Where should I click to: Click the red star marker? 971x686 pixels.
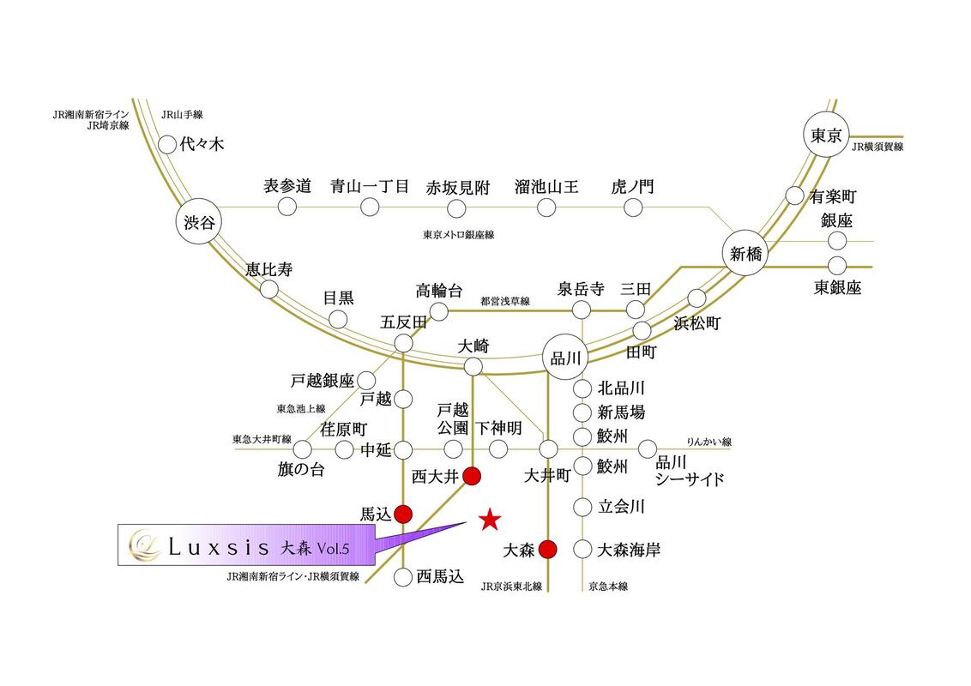click(x=490, y=520)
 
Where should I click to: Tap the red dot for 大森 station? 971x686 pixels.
click(x=548, y=549)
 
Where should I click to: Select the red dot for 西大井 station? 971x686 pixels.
click(x=472, y=476)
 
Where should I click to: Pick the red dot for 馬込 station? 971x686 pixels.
click(x=403, y=514)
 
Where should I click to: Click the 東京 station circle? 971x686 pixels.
click(x=826, y=135)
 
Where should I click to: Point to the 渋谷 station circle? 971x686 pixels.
click(x=199, y=222)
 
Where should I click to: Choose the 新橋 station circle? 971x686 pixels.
click(x=745, y=253)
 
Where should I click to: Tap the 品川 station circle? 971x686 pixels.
click(x=564, y=358)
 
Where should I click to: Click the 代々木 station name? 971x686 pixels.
click(x=202, y=144)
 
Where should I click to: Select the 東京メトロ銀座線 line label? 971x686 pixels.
click(x=459, y=235)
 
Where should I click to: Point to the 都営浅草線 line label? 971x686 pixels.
click(x=505, y=301)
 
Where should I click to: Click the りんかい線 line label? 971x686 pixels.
click(x=709, y=442)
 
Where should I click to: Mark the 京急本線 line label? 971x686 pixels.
click(x=608, y=586)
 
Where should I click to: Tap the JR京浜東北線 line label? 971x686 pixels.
click(x=511, y=586)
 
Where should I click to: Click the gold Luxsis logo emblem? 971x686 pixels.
click(x=145, y=545)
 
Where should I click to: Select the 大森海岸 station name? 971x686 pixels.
click(x=629, y=549)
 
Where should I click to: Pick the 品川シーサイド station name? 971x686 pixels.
click(x=690, y=471)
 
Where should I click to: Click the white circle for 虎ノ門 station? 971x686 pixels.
click(x=633, y=208)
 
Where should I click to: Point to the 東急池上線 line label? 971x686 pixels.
click(x=301, y=409)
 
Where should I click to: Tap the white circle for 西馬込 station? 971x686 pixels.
click(x=403, y=577)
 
